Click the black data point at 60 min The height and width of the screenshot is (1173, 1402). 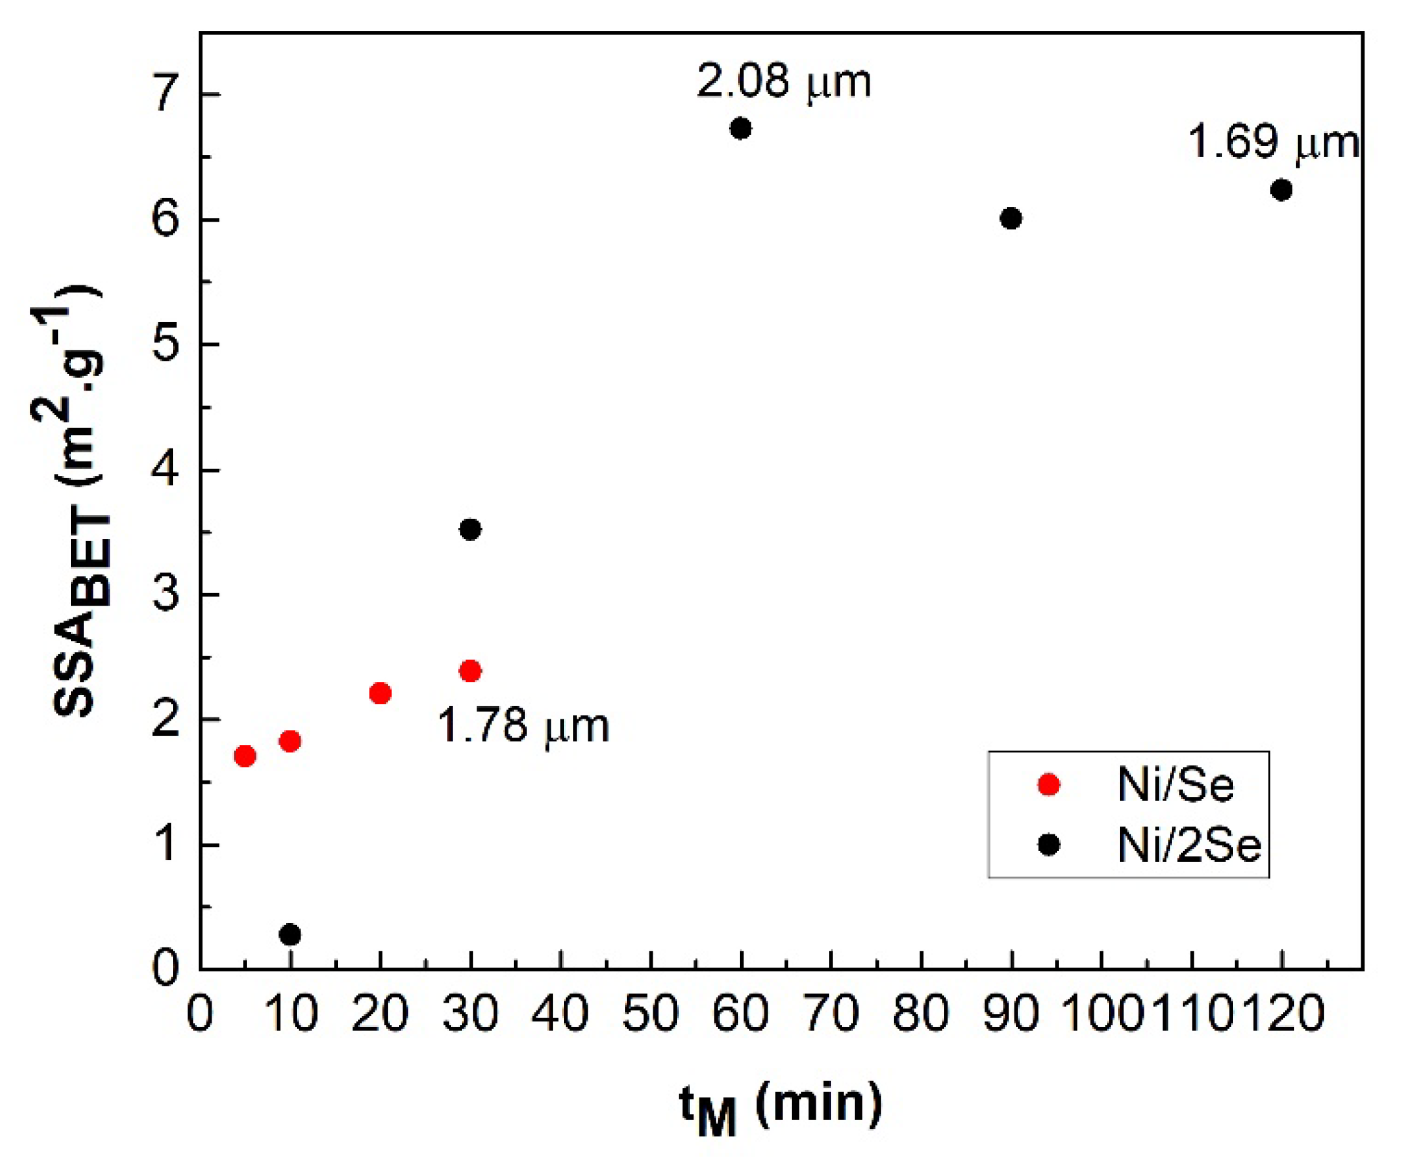[740, 128]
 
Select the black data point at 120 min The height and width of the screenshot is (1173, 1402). [1281, 191]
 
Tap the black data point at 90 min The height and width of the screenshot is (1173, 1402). [1011, 218]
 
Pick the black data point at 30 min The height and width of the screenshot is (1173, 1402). [470, 530]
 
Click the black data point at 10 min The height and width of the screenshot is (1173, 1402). [290, 934]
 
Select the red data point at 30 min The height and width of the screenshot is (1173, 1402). [470, 671]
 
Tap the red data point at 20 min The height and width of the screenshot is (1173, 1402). [380, 694]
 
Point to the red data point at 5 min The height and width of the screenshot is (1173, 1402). [245, 756]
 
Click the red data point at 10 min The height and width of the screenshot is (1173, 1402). [290, 741]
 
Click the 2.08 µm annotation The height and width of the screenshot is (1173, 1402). [783, 82]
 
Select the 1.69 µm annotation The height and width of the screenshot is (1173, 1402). [1273, 143]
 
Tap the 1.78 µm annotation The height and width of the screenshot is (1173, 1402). [523, 726]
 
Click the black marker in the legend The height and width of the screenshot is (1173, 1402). [1049, 845]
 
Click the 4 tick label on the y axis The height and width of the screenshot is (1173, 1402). [166, 470]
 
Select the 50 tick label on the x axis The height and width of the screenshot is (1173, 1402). [650, 1014]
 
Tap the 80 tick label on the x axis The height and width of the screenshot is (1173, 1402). [921, 1014]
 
